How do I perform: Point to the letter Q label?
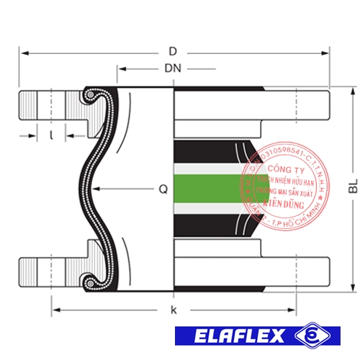coord(163,190)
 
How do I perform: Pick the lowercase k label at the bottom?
coord(173,310)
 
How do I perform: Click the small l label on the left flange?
coord(51,135)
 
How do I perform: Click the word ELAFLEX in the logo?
coord(235,336)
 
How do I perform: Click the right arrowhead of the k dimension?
coord(295,310)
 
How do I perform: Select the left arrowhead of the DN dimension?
coord(120,69)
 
